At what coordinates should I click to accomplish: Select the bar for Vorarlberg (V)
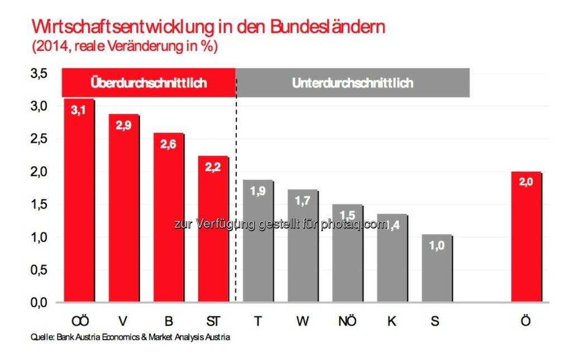coord(123,209)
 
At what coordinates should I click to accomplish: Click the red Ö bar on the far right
coord(526,238)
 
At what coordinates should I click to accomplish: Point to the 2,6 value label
coord(168,144)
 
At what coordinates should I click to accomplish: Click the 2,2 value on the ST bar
coord(213,167)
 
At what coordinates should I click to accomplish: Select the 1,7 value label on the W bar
coord(302,200)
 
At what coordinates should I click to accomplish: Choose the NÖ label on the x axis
coord(347,321)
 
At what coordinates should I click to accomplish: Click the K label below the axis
coord(392,321)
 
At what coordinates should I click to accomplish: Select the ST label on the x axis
coord(213,321)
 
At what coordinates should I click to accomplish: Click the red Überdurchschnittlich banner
coord(149,83)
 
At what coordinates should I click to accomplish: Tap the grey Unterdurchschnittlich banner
coord(352,83)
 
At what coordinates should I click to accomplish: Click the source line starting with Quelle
coord(130,338)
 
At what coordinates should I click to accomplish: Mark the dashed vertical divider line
coord(236,195)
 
